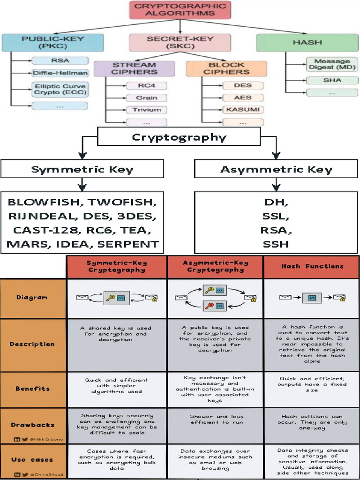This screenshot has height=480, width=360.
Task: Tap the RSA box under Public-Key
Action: pos(60,60)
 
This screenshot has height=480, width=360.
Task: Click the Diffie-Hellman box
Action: pos(60,73)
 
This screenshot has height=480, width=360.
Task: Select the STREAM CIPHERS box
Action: pos(134,68)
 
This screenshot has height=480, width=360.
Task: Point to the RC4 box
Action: pos(147,86)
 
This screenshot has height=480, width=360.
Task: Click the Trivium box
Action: pos(147,110)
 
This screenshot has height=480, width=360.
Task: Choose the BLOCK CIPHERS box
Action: pos(226,68)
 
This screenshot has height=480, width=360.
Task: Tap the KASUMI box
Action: pos(242,110)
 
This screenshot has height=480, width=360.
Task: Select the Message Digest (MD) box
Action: pos(332,64)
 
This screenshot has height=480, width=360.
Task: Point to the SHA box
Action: pos(332,80)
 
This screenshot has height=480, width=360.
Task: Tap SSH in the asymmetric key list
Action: pos(276,244)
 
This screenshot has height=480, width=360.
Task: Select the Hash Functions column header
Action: pos(312,266)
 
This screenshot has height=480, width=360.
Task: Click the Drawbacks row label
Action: pos(33,425)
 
